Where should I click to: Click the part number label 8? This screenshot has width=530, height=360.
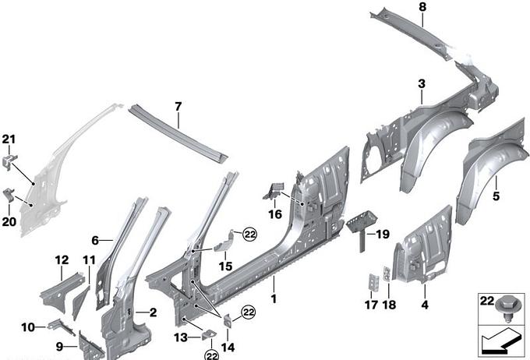(423, 7)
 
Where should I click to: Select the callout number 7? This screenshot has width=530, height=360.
(178, 107)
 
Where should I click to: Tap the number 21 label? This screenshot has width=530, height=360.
(9, 139)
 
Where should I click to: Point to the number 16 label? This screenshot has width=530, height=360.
(275, 214)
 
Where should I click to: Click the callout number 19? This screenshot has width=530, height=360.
(383, 234)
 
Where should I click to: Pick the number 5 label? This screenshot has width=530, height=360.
(496, 196)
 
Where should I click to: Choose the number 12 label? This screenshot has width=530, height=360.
(62, 260)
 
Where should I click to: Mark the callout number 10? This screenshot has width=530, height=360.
(28, 327)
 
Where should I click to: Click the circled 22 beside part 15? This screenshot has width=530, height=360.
(250, 235)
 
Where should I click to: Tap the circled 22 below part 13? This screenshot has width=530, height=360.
(211, 355)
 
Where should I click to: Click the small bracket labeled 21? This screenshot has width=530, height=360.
(9, 161)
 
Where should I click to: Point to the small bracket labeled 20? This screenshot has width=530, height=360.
(9, 196)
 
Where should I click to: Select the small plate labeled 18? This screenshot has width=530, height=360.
(387, 274)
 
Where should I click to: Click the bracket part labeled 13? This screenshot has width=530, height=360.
(209, 334)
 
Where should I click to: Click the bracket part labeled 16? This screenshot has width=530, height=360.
(273, 191)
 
